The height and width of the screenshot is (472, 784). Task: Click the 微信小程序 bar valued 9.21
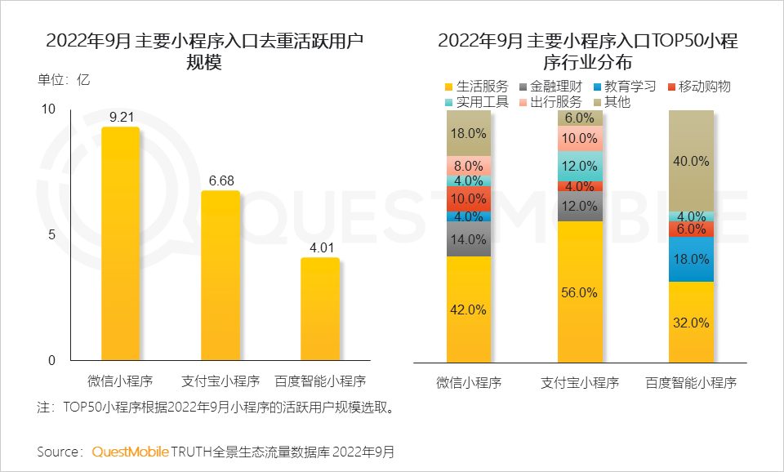120,243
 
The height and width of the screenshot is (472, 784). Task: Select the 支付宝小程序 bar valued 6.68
220,275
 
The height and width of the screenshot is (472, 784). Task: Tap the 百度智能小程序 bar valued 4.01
320,309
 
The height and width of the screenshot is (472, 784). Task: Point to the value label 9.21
121,117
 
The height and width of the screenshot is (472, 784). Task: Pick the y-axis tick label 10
48,109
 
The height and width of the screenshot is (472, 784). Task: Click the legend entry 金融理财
550,87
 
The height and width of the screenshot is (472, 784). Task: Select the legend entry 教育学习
624,87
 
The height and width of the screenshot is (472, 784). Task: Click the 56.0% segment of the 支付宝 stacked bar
581,292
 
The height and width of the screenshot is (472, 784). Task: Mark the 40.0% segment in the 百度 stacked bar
691,161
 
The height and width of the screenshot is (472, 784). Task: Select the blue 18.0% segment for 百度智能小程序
691,259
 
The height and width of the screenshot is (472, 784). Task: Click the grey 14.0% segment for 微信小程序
469,239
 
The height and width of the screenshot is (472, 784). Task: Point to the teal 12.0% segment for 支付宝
581,166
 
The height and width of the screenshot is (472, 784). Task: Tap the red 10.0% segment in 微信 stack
469,198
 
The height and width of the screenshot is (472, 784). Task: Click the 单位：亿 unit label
64,80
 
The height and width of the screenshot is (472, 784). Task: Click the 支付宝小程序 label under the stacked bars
581,382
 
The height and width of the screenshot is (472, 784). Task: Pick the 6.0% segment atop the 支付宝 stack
581,118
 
